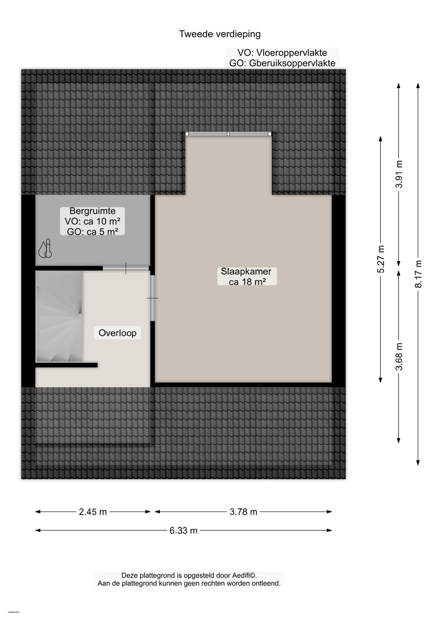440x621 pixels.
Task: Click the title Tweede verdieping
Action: pos(220,34)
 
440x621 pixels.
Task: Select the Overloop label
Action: pos(117,333)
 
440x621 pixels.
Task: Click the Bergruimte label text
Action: pos(92,211)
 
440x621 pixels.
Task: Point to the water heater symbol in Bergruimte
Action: pos(45,249)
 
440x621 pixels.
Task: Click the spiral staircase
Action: pos(59,317)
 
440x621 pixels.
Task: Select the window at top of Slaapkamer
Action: pos(228,134)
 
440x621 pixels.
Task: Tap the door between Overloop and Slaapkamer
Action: pos(153,298)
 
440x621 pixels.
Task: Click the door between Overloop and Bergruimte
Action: pos(126,268)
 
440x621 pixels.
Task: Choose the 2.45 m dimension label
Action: pos(92,512)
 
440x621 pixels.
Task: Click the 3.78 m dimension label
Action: pos(243,512)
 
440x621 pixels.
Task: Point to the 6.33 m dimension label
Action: pos(183,530)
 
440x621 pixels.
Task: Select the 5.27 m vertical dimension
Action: pos(381,259)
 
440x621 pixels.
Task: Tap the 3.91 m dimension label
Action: pos(399,174)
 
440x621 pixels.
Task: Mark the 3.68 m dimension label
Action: pos(399,356)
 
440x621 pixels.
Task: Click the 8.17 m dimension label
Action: pos(418,274)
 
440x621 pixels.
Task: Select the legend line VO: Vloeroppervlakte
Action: pos(282,53)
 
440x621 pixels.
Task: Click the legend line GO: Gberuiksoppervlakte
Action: pos(282,63)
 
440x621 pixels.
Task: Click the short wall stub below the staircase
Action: pos(66,365)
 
